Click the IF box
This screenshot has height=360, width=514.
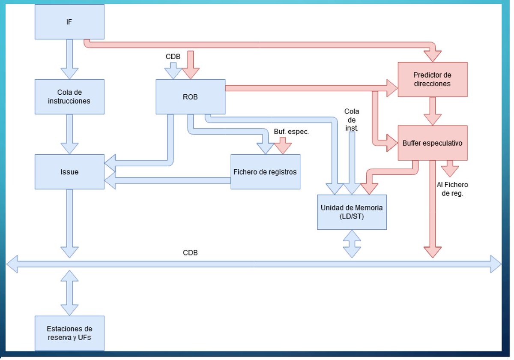coord(69,21)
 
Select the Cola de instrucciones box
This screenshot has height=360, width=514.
coord(69,97)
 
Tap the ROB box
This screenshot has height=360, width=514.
coord(190,97)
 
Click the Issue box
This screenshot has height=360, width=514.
coord(69,171)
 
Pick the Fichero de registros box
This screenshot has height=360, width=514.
coord(265,172)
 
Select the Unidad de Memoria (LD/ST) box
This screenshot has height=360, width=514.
coord(352,212)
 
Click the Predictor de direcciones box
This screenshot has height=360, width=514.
coord(432,79)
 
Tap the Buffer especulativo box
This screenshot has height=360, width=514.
coord(432,143)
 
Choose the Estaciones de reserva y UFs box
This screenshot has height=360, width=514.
coord(69,333)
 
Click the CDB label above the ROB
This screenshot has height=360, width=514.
coord(173,57)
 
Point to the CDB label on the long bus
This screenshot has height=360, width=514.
coord(190,253)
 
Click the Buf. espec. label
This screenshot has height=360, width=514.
coord(291,132)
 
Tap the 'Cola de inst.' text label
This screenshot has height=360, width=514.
coord(352,119)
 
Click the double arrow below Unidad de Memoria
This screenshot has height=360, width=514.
coord(352,243)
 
